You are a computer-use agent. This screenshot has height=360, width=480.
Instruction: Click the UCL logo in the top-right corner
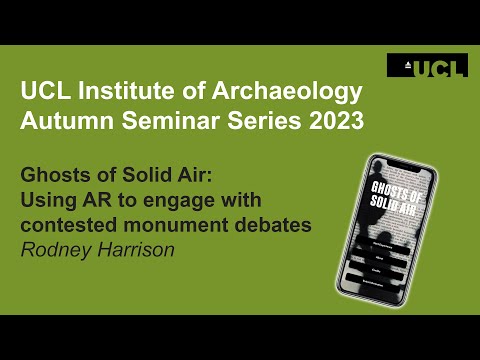[x=426, y=67]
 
